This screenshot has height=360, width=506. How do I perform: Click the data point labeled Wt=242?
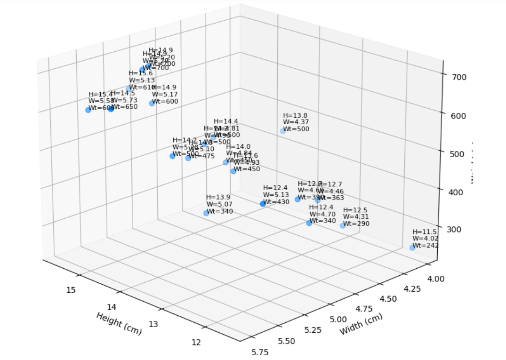[412, 248]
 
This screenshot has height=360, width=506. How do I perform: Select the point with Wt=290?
[343, 225]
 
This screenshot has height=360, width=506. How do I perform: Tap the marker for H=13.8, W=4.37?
[283, 131]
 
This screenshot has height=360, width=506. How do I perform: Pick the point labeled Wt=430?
[263, 204]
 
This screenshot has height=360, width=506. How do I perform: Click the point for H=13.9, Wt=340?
[206, 213]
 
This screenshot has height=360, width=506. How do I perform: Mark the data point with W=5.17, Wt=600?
[152, 103]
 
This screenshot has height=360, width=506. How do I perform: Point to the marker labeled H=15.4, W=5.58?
[88, 110]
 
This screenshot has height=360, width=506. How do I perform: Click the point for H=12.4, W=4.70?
[309, 223]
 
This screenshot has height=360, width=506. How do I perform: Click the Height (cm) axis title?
[119, 323]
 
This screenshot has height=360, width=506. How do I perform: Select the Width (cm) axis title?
[361, 324]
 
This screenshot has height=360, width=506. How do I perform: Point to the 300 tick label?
[456, 229]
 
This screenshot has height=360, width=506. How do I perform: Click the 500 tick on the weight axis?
[456, 153]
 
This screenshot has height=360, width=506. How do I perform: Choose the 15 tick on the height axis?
[71, 289]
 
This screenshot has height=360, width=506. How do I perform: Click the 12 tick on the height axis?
[196, 342]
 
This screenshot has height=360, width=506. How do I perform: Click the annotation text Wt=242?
[425, 245]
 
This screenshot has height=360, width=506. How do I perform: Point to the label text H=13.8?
[295, 115]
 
